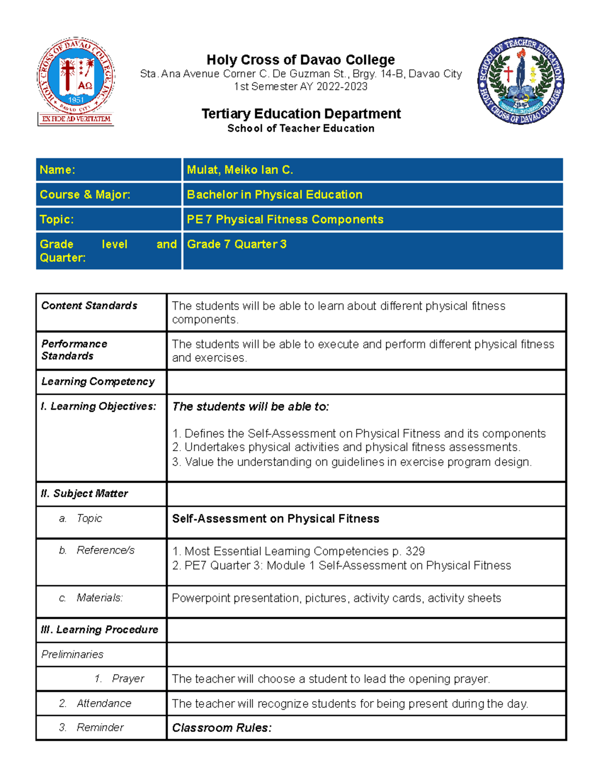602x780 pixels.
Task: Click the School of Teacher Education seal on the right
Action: pyautogui.click(x=520, y=81)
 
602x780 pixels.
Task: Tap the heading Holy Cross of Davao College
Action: pyautogui.click(x=300, y=60)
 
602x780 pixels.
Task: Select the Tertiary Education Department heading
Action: pyautogui.click(x=300, y=114)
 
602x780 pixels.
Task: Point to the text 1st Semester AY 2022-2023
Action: pyautogui.click(x=300, y=86)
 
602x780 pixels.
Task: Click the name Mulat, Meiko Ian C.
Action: pyautogui.click(x=240, y=170)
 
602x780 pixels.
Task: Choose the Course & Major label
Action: pyautogui.click(x=85, y=194)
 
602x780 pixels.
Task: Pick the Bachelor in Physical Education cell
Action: pyautogui.click(x=274, y=194)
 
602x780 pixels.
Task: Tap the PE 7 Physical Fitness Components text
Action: pyautogui.click(x=285, y=219)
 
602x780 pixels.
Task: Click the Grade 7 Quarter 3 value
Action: pyautogui.click(x=237, y=244)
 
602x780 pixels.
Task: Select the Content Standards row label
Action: pyautogui.click(x=89, y=305)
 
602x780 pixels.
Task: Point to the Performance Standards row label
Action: pyautogui.click(x=74, y=350)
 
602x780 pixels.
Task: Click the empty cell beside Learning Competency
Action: pyautogui.click(x=366, y=382)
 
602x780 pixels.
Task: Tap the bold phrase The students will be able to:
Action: pyautogui.click(x=250, y=406)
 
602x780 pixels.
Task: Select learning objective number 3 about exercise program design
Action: pyautogui.click(x=351, y=462)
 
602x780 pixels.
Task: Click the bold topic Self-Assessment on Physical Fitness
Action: pyautogui.click(x=275, y=518)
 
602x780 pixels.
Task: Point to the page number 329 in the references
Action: pyautogui.click(x=415, y=551)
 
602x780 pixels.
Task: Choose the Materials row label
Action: pyautogui.click(x=99, y=598)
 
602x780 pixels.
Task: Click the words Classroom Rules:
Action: pyautogui.click(x=222, y=728)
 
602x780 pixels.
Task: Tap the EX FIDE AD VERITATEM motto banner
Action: pyautogui.click(x=76, y=119)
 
